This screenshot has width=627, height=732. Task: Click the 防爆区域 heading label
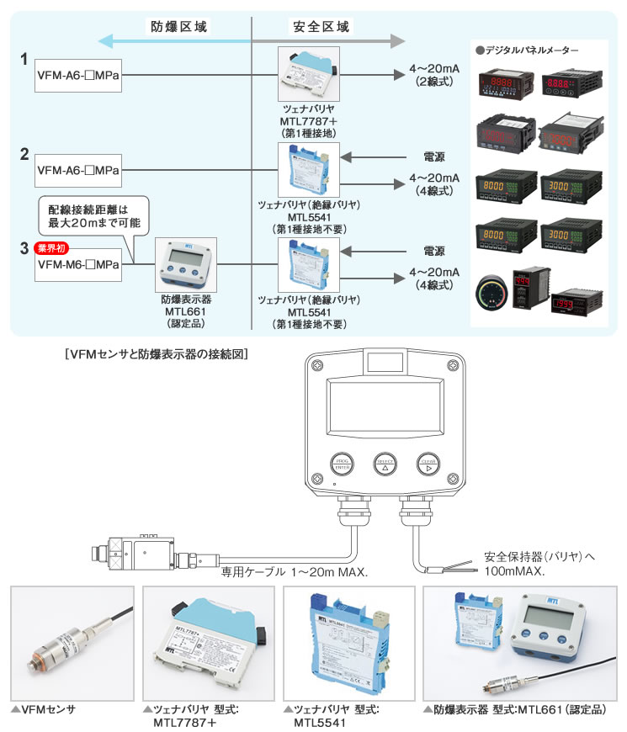[x=178, y=27]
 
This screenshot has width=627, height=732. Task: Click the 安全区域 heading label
[x=322, y=27]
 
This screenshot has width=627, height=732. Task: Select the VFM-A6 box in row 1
[x=77, y=75]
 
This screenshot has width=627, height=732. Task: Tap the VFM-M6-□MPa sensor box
[x=77, y=264]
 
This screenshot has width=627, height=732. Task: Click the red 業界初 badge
[x=51, y=248]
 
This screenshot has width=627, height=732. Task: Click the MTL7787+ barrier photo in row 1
[x=308, y=72]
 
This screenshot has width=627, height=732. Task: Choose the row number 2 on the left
[x=25, y=154]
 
